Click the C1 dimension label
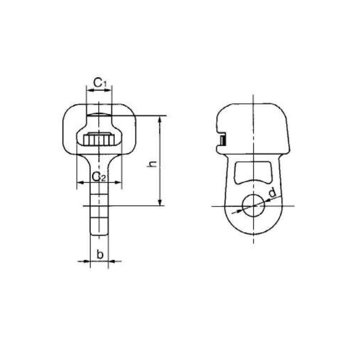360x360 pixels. point(100,82)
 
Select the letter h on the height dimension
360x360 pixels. point(153,165)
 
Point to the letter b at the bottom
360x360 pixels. point(100,255)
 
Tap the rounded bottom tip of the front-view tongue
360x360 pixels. point(99,234)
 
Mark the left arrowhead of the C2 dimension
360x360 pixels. point(80,182)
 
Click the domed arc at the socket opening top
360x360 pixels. point(99,115)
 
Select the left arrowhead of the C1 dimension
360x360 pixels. point(88,90)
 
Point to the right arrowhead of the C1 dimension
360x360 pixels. point(110,90)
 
